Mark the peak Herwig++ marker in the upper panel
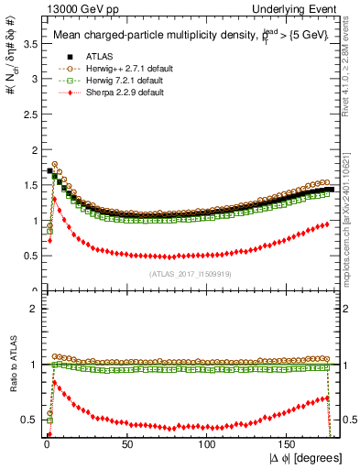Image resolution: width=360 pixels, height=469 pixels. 55,165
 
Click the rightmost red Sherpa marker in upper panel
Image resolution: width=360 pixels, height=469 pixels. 326,224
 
